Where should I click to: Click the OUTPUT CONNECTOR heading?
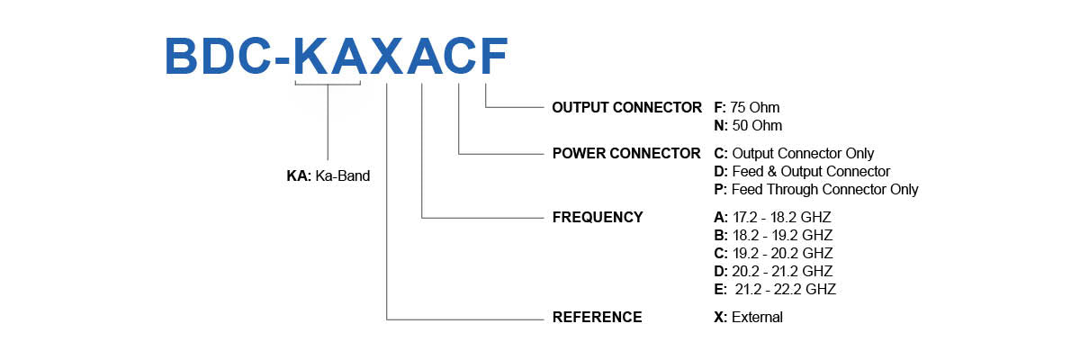click(626, 107)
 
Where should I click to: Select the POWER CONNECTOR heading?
click(625, 153)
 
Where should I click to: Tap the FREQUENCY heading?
click(598, 217)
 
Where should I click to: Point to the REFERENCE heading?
click(597, 317)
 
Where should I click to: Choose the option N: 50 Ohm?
click(747, 125)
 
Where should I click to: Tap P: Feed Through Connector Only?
click(815, 189)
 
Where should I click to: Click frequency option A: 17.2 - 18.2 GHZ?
click(772, 217)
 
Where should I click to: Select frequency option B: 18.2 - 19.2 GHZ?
click(772, 235)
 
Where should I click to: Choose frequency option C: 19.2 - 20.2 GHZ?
click(772, 253)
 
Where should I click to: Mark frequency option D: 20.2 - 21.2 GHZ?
click(772, 271)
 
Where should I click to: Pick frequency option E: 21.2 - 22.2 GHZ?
click(774, 289)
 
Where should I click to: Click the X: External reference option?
click(748, 317)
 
